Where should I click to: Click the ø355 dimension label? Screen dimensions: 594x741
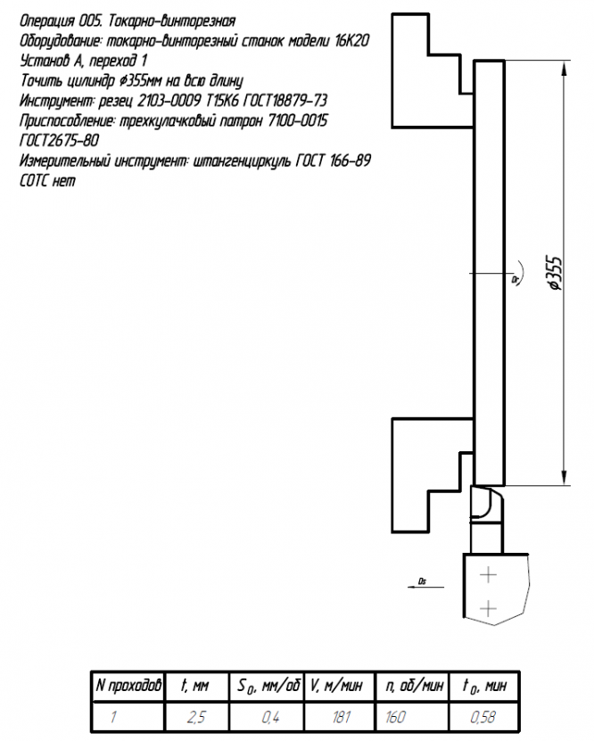[555, 274]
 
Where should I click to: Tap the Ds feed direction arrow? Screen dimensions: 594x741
[425, 587]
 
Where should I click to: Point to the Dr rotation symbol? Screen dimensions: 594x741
[517, 273]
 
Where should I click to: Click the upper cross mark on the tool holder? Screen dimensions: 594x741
[488, 575]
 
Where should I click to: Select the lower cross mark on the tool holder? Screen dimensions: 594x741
[488, 608]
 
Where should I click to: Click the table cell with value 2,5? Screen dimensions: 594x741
[197, 717]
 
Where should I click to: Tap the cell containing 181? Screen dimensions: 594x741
[340, 717]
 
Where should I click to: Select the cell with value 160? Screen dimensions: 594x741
[412, 717]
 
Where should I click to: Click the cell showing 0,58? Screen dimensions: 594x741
[483, 717]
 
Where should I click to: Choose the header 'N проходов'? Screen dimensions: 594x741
[128, 685]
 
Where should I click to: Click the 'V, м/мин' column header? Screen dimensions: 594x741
[337, 685]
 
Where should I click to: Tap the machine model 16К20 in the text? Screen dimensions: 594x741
[351, 41]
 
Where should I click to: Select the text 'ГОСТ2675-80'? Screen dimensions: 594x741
[59, 140]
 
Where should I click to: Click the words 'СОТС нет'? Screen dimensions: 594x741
[47, 180]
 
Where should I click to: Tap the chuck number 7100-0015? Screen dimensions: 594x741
[297, 121]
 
